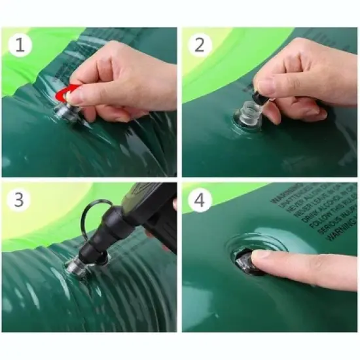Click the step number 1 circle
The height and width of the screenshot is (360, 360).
pos(20,45)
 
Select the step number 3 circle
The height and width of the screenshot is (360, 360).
pos(20,200)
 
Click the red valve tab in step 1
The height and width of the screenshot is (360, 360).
pos(61,95)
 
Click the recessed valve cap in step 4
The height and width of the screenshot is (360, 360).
pos(243,261)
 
